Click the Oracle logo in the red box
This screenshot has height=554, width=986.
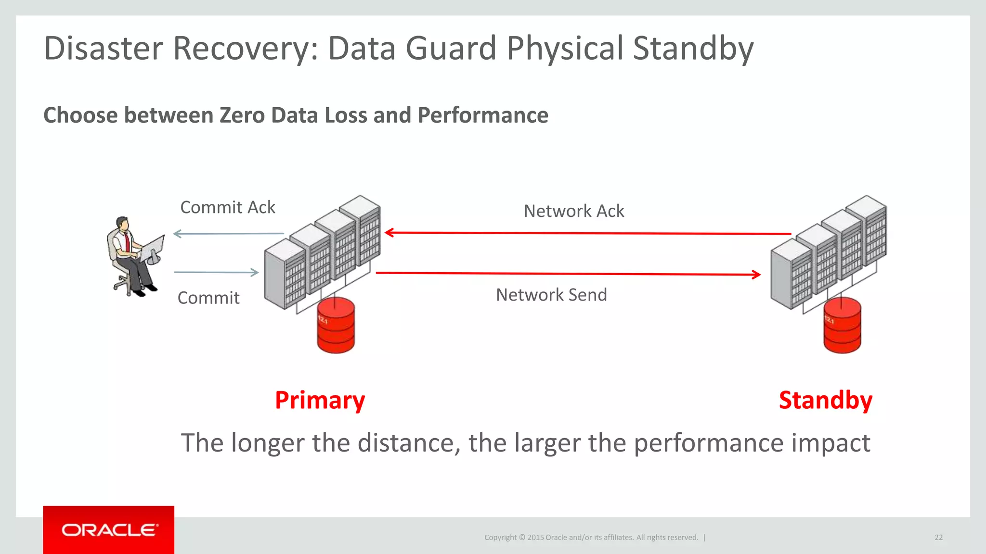tap(109, 530)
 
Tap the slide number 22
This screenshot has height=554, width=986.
tap(938, 537)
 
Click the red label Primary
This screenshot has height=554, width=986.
tap(320, 400)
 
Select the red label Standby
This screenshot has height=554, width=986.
tap(825, 400)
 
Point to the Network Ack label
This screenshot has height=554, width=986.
tap(573, 211)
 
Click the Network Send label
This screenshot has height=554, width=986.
tap(551, 295)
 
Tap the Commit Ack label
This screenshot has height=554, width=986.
tap(227, 207)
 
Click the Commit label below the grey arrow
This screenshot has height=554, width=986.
tap(208, 298)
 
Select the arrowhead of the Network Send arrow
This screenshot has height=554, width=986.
tap(756, 275)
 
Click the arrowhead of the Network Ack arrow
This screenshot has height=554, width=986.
tap(389, 233)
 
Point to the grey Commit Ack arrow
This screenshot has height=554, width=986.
tap(229, 234)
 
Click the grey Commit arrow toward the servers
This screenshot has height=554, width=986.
tap(217, 272)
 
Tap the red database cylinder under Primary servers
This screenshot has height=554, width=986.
tap(336, 326)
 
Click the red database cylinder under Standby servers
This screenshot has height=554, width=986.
tap(842, 326)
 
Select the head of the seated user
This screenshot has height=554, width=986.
tap(123, 224)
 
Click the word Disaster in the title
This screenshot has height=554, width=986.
tap(104, 48)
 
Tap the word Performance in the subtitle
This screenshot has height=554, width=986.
tap(483, 115)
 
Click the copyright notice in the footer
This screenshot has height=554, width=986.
tap(591, 537)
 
